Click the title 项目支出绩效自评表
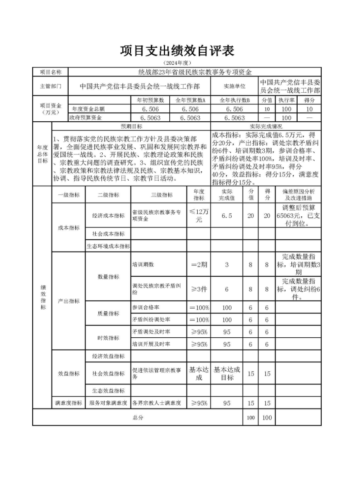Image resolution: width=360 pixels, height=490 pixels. click(x=177, y=51)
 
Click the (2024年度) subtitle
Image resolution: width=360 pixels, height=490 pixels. click(x=177, y=63)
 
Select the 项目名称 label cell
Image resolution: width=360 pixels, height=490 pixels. click(x=50, y=72)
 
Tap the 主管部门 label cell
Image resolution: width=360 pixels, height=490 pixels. click(x=50, y=86)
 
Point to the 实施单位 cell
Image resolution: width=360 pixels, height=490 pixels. click(x=234, y=86)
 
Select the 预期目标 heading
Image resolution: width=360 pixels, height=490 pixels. click(x=131, y=127)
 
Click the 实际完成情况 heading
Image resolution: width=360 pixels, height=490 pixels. click(x=265, y=127)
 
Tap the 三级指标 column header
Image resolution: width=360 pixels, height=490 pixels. click(x=159, y=195)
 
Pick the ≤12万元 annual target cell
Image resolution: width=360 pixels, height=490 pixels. click(x=199, y=216)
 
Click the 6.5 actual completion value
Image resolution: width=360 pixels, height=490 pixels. click(x=227, y=216)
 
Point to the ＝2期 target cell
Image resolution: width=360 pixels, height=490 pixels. click(x=199, y=264)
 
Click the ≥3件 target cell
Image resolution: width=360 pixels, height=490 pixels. click(x=199, y=289)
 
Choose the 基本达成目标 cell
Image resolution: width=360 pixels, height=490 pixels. click(x=227, y=373)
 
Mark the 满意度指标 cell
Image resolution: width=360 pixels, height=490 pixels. click(x=69, y=403)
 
